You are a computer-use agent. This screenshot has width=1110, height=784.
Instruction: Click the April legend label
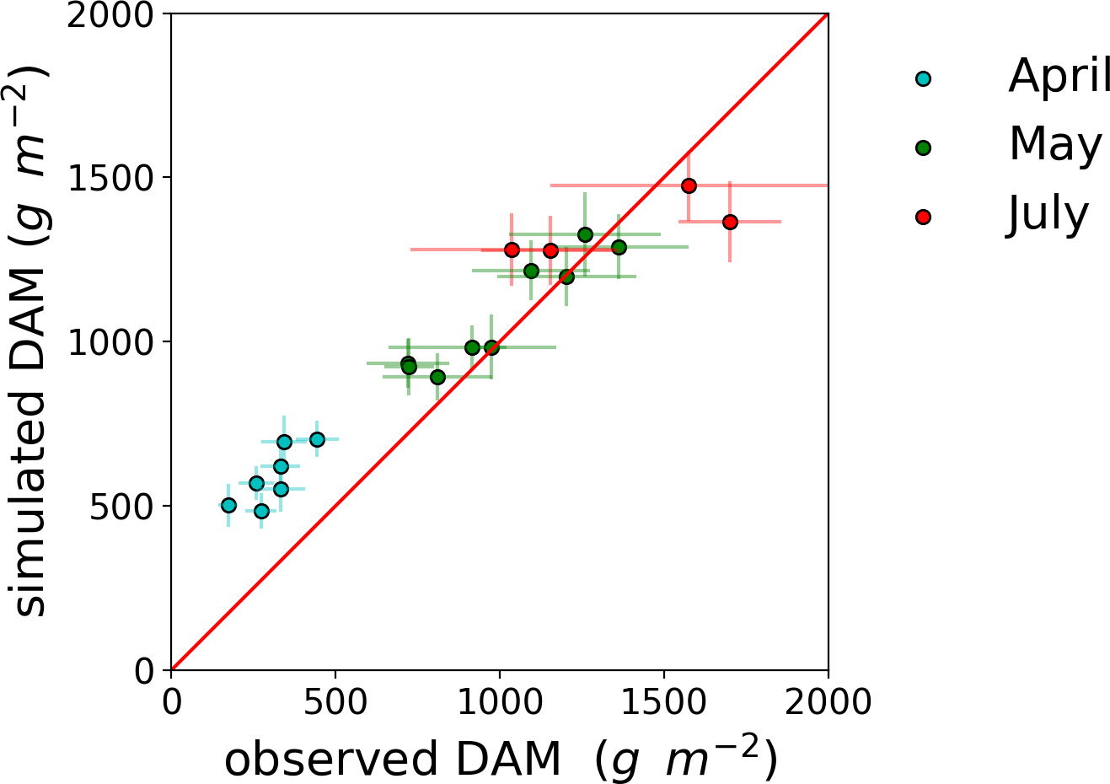click(x=1059, y=77)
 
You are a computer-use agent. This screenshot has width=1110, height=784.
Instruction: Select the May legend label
click(x=1055, y=145)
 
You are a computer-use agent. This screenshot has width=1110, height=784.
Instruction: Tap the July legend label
click(x=1048, y=215)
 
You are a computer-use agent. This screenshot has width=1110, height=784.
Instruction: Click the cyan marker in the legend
click(x=924, y=79)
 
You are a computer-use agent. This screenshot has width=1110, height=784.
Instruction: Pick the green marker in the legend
click(x=924, y=148)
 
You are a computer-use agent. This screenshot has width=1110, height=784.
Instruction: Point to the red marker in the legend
click(x=924, y=217)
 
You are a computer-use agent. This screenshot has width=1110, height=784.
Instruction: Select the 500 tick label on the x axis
click(x=335, y=701)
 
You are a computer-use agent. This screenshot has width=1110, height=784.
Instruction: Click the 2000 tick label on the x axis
click(x=828, y=701)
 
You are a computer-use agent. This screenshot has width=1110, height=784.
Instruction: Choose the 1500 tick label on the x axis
click(x=664, y=701)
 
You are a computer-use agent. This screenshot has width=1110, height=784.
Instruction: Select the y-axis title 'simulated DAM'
click(x=31, y=341)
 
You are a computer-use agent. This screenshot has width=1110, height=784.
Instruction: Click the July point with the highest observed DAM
click(x=730, y=222)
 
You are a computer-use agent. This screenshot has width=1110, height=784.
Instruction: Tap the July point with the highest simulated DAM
click(x=689, y=185)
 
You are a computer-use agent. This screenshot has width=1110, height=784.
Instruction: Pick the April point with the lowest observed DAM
click(x=228, y=505)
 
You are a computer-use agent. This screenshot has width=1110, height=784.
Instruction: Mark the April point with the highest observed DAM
click(x=317, y=439)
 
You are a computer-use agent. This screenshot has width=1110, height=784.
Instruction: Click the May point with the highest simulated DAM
click(x=585, y=234)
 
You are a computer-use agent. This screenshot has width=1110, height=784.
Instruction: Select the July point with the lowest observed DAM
click(x=512, y=250)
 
